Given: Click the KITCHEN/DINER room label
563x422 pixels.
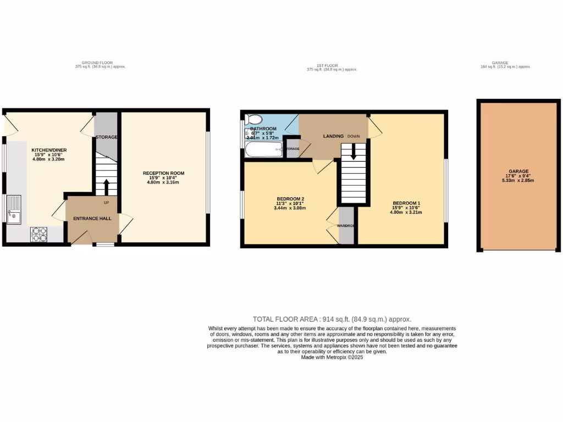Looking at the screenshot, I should pos(48,149).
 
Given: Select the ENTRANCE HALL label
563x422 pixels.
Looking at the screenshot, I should pos(92,218).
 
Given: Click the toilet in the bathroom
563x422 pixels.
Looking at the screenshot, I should pos(254,119).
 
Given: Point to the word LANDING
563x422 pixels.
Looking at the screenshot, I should pos(333,136).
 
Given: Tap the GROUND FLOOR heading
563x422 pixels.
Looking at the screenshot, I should pos(97,63).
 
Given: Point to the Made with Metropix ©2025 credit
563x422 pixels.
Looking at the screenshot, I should pos(332,357).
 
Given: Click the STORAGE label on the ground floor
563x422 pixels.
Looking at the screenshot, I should pos(106,137).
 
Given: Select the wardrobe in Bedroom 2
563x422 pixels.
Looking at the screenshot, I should pos(346,225).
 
